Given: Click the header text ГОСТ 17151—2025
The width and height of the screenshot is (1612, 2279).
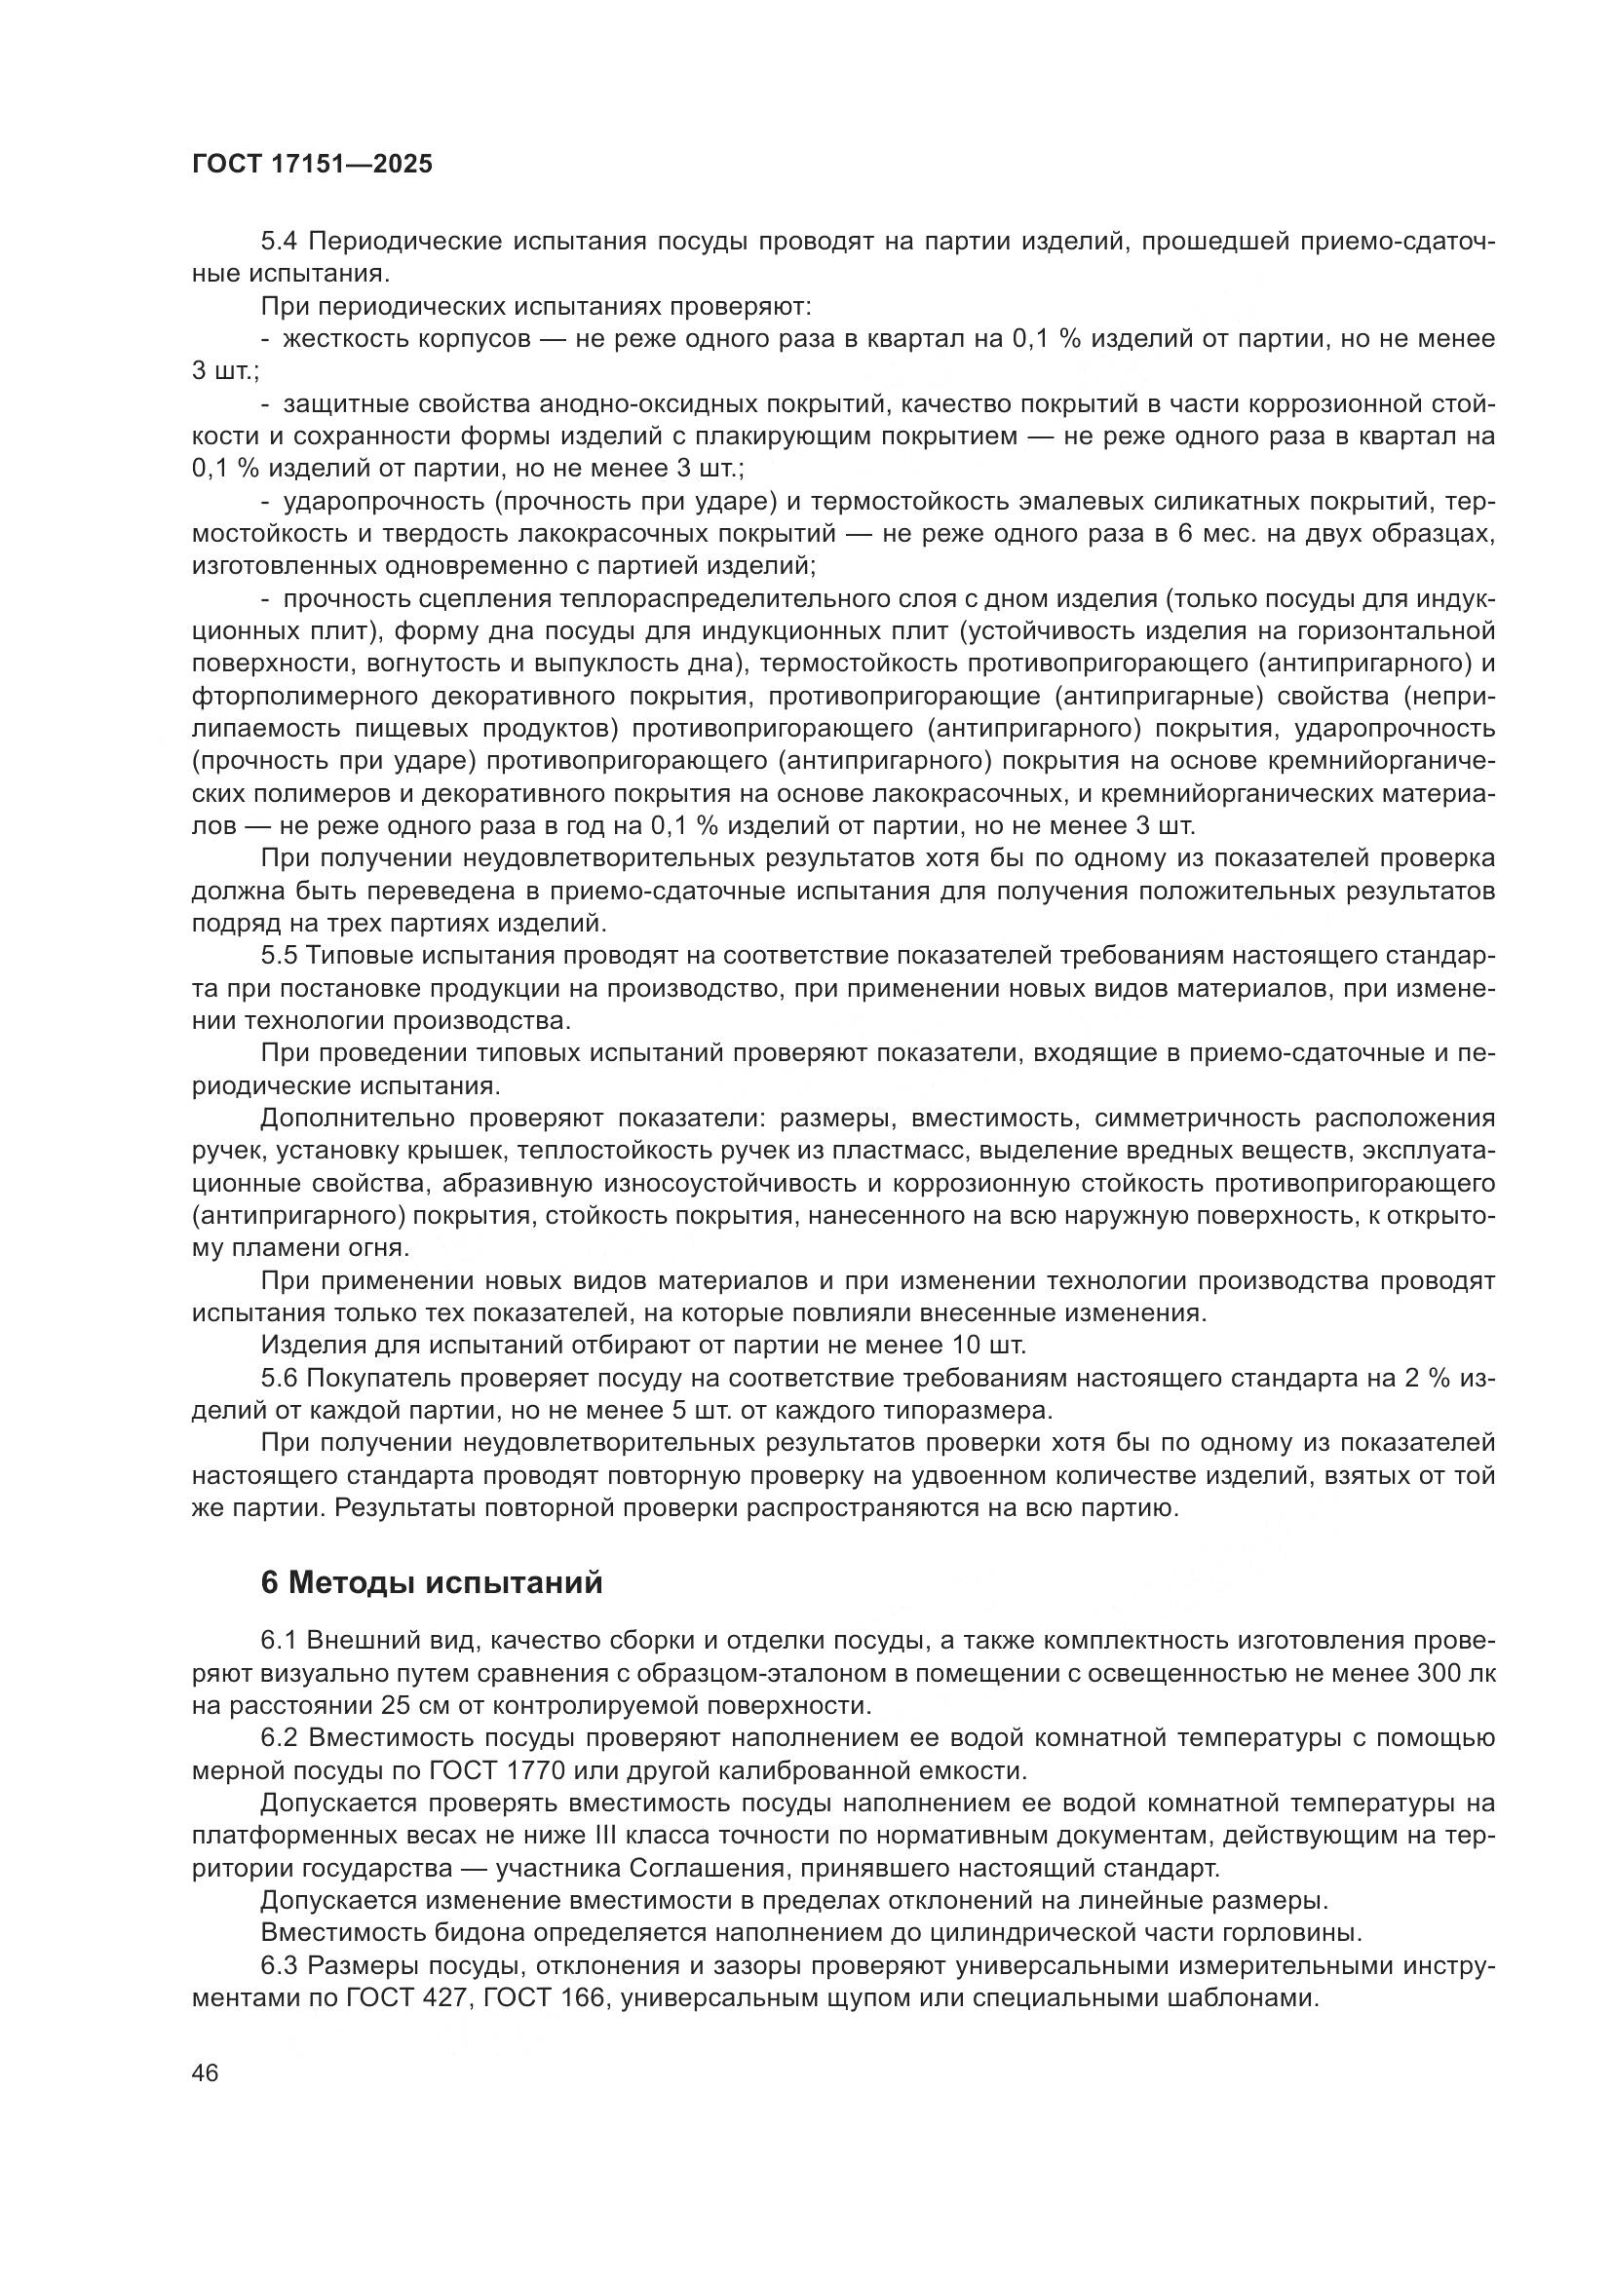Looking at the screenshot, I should click(x=313, y=165).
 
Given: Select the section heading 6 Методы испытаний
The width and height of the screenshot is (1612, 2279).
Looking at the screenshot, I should click(x=432, y=1582).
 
